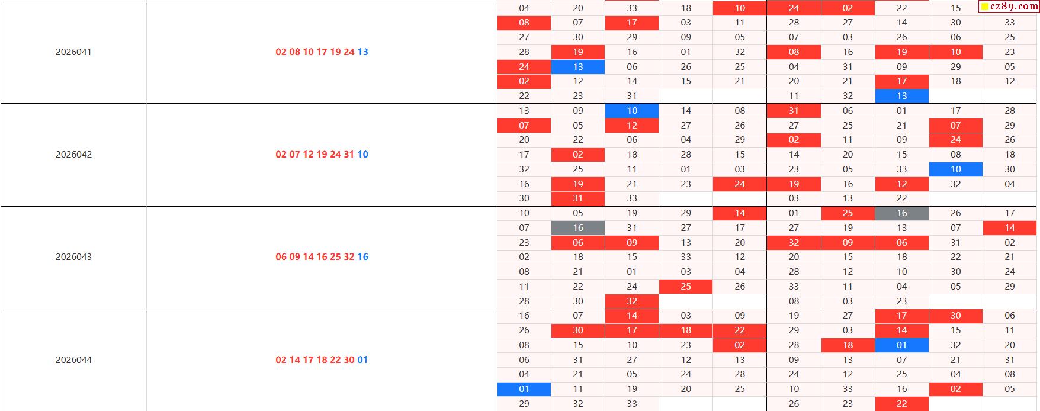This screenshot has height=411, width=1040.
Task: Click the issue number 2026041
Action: [73, 52]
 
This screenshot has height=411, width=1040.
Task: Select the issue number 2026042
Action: [73, 155]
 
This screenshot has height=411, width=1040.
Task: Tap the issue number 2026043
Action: [73, 257]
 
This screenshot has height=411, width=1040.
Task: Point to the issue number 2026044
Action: [73, 360]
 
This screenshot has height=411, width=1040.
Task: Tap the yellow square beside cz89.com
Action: [985, 7]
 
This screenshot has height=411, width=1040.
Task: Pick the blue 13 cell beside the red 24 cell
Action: [578, 67]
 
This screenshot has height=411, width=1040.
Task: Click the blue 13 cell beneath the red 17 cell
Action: [901, 96]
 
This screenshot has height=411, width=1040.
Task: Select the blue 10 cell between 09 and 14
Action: [632, 111]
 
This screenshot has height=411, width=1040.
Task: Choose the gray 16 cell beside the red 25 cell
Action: [901, 213]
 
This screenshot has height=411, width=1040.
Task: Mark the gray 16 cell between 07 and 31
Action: [578, 228]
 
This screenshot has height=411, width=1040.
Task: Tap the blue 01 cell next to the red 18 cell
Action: [901, 345]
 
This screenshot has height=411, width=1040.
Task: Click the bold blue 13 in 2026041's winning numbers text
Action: [363, 52]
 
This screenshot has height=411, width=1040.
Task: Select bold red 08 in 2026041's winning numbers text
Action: [294, 52]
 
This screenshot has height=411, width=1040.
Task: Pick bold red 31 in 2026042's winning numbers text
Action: [349, 155]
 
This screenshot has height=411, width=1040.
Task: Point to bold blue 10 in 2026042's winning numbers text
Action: [363, 155]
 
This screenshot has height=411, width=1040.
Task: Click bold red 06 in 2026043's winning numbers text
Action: [281, 257]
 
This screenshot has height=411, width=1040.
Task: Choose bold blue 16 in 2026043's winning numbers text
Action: [363, 257]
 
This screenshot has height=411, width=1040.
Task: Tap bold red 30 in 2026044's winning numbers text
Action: [349, 360]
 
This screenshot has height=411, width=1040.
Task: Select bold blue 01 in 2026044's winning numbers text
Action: [362, 360]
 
